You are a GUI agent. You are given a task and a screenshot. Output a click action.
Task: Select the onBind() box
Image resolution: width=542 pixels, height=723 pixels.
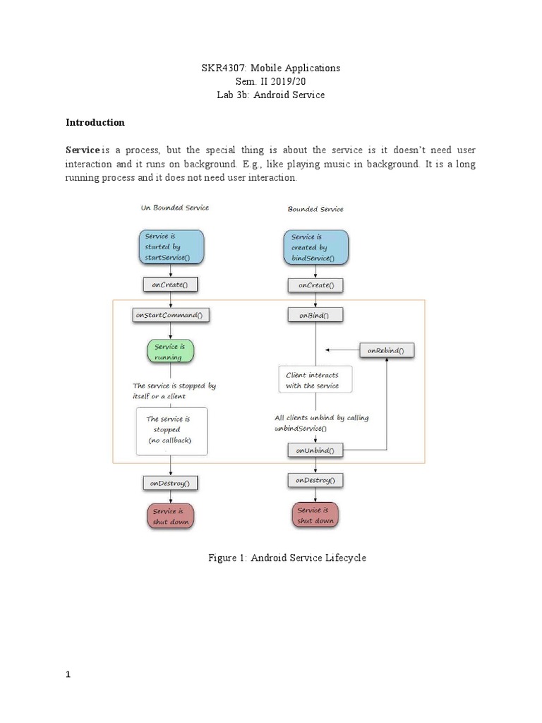315,316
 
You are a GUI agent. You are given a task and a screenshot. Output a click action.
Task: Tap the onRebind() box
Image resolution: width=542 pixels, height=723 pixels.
387,350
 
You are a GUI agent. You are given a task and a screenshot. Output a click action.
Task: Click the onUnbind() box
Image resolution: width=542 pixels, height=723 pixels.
315,450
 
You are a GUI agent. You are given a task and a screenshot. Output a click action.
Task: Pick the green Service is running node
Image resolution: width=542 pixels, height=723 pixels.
170,352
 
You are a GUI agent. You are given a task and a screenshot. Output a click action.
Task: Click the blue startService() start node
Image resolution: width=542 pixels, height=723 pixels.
171,247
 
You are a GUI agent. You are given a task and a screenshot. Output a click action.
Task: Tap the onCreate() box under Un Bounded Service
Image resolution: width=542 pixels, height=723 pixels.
170,285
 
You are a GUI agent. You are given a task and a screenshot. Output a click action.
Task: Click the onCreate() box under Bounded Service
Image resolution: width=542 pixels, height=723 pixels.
315,285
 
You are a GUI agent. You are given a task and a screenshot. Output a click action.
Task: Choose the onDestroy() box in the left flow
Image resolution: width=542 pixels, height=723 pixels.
170,484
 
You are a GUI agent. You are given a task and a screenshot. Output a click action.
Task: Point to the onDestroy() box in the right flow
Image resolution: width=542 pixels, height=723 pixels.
315,481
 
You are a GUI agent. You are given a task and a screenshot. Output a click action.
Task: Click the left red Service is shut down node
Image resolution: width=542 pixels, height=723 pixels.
170,517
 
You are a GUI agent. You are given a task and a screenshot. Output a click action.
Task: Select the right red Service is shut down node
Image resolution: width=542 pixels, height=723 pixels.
315,515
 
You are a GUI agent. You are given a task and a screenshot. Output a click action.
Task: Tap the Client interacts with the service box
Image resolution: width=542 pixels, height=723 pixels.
315,381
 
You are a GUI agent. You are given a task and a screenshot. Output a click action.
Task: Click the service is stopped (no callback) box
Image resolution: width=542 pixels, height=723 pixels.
171,430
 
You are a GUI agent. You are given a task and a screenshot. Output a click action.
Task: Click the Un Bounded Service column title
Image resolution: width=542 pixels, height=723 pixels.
175,208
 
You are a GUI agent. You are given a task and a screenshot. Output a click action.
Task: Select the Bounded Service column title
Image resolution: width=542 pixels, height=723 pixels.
315,209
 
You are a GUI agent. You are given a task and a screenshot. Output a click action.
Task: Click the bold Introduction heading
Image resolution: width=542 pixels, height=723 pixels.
95,122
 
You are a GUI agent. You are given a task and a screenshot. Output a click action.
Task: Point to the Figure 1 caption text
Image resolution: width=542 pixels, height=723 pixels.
287,558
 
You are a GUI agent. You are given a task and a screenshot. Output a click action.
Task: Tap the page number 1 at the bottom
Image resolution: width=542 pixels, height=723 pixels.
68,674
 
